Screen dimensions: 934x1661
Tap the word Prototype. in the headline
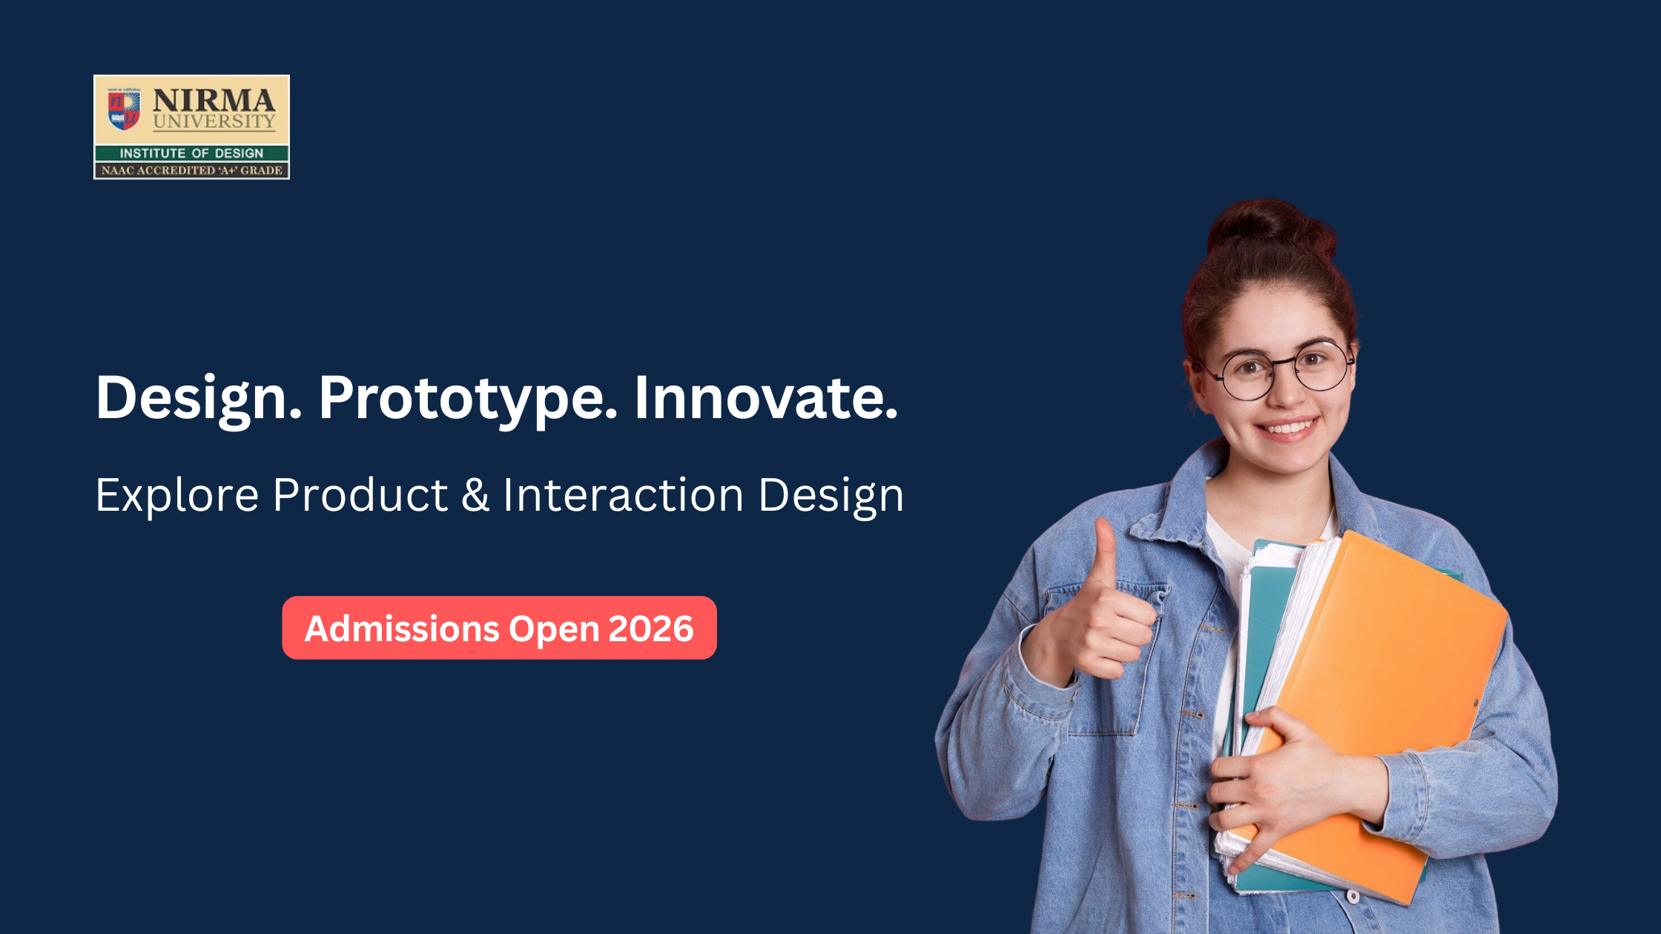468,399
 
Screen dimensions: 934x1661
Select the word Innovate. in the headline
765,399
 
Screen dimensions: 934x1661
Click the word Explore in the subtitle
176,495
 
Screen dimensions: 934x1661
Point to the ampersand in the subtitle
475,495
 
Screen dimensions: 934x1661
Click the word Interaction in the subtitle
623,495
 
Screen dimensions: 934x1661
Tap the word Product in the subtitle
360,495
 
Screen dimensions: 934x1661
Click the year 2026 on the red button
651,629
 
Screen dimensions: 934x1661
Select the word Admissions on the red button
402,629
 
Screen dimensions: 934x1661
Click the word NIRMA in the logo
214,100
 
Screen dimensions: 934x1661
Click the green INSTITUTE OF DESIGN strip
191,153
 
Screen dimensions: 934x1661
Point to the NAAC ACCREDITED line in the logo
191,170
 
